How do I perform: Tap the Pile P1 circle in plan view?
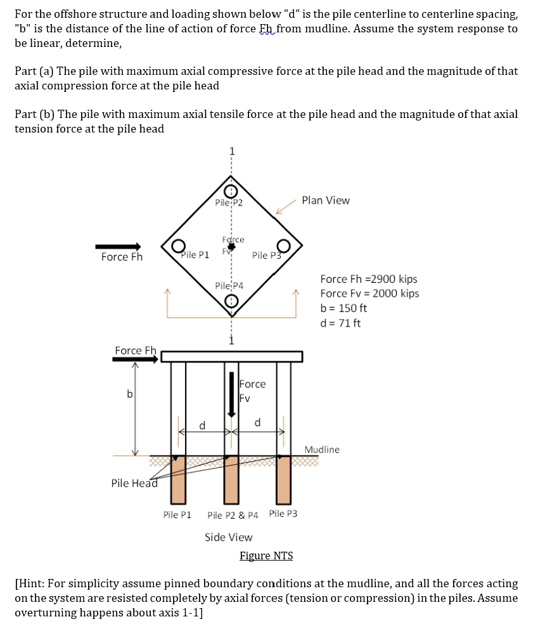tap(179, 245)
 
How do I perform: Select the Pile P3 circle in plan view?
tap(283, 245)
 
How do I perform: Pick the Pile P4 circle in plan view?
tap(232, 302)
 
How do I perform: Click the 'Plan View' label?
tap(325, 200)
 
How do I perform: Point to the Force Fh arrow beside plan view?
tap(118, 246)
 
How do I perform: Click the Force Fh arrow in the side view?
tap(135, 359)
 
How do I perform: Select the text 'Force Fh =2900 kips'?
tap(368, 279)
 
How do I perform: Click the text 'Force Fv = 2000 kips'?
tap(369, 293)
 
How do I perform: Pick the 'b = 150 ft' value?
tap(343, 308)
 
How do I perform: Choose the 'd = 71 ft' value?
tap(340, 323)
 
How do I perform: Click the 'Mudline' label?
tap(322, 450)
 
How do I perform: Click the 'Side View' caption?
tap(228, 537)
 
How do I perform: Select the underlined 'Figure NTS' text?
tap(266, 556)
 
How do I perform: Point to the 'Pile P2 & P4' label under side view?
tap(233, 514)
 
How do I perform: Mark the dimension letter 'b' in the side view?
tap(129, 394)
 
